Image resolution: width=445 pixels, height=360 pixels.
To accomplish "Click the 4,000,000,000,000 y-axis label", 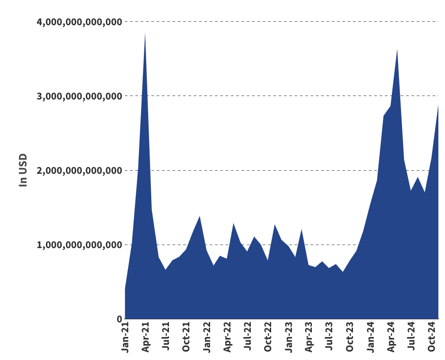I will (x=79, y=22).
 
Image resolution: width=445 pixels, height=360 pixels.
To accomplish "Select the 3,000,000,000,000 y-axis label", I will (x=79, y=96).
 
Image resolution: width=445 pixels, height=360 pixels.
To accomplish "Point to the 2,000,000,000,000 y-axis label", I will (x=79, y=170).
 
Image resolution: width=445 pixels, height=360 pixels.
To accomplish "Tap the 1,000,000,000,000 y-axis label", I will (x=79, y=245).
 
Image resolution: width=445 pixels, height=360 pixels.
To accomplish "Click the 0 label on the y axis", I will (x=119, y=319).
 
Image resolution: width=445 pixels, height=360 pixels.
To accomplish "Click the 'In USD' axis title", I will (x=23, y=170).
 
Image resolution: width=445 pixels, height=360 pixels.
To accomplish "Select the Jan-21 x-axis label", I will (x=125, y=337).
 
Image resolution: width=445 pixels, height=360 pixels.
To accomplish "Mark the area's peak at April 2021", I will (x=145, y=33).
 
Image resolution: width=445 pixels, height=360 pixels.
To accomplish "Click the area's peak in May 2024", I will (x=397, y=49).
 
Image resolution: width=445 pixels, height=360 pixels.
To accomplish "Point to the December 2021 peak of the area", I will (x=199, y=216).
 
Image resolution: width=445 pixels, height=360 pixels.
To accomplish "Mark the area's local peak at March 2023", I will (x=302, y=229).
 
